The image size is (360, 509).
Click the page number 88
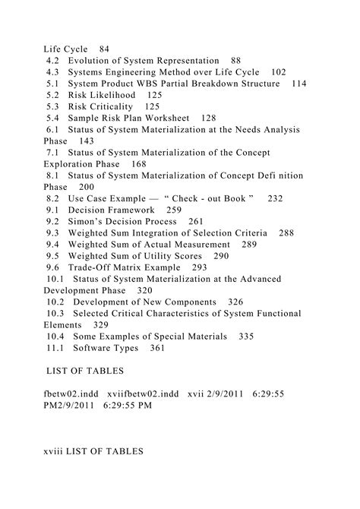[x=235, y=60]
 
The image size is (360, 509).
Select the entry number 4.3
[x=53, y=71]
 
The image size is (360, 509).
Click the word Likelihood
[x=115, y=95]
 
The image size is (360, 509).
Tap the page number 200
[x=86, y=187]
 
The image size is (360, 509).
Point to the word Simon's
[x=89, y=221]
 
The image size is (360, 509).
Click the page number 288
[x=286, y=232]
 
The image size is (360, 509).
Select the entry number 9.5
[x=52, y=256]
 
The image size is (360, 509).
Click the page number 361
[x=157, y=348]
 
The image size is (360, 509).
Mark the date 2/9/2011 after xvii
[x=248, y=394]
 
